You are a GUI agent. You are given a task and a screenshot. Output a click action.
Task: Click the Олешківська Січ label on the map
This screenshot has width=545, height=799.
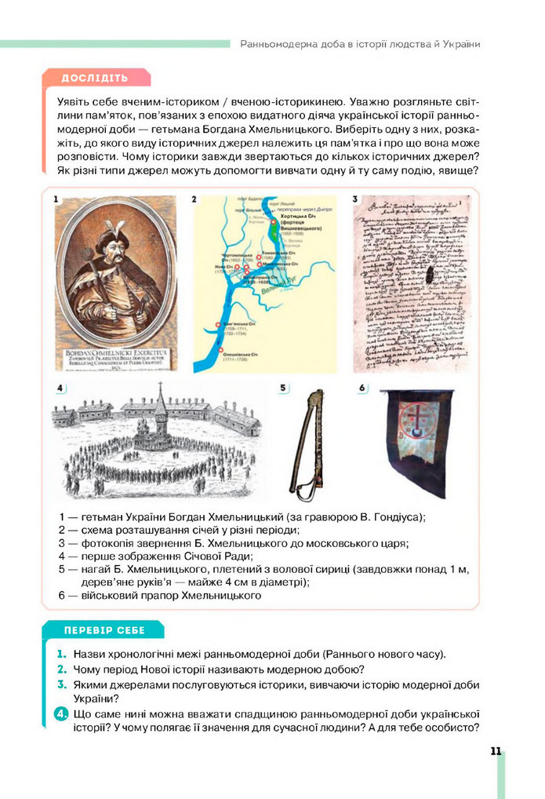coord(242,354)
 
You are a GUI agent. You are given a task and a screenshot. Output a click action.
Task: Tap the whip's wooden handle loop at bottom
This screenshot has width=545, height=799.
coord(299,492)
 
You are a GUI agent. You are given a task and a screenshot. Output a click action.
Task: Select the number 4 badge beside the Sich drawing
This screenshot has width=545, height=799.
coord(60,389)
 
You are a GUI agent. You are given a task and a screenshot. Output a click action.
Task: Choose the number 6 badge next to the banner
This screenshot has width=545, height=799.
coord(362,388)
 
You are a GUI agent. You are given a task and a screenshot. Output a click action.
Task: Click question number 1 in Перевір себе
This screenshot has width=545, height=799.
coord(60,654)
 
